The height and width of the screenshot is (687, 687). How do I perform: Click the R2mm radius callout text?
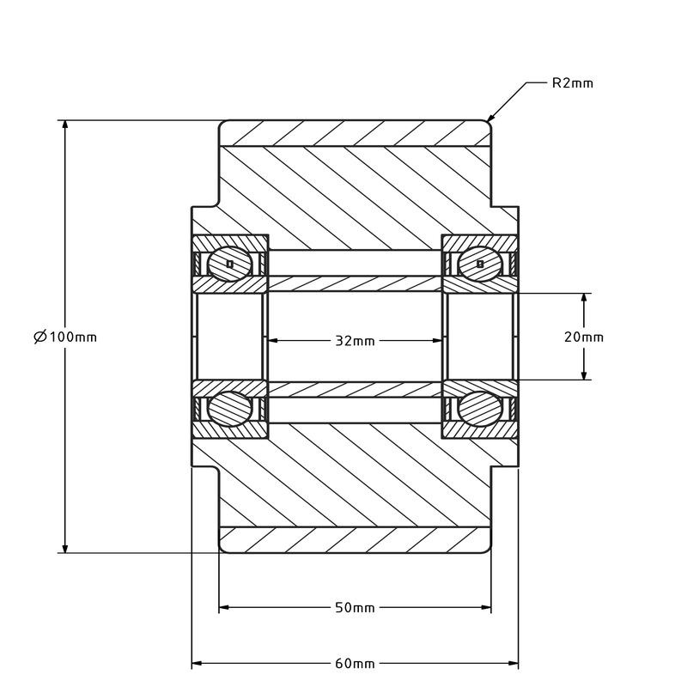572,83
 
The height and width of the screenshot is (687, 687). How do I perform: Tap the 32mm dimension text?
355,341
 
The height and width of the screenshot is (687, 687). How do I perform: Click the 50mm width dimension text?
355,608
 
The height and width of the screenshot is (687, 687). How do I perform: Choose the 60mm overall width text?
355,664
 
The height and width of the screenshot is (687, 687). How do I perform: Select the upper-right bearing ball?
479,263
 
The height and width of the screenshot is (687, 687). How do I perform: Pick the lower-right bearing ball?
479,409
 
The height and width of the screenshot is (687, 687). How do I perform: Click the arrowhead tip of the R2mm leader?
489,121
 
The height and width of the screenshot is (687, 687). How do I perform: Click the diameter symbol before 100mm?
40,337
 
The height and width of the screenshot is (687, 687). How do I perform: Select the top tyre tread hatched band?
355,133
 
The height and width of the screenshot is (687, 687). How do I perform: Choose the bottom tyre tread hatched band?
355,539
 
